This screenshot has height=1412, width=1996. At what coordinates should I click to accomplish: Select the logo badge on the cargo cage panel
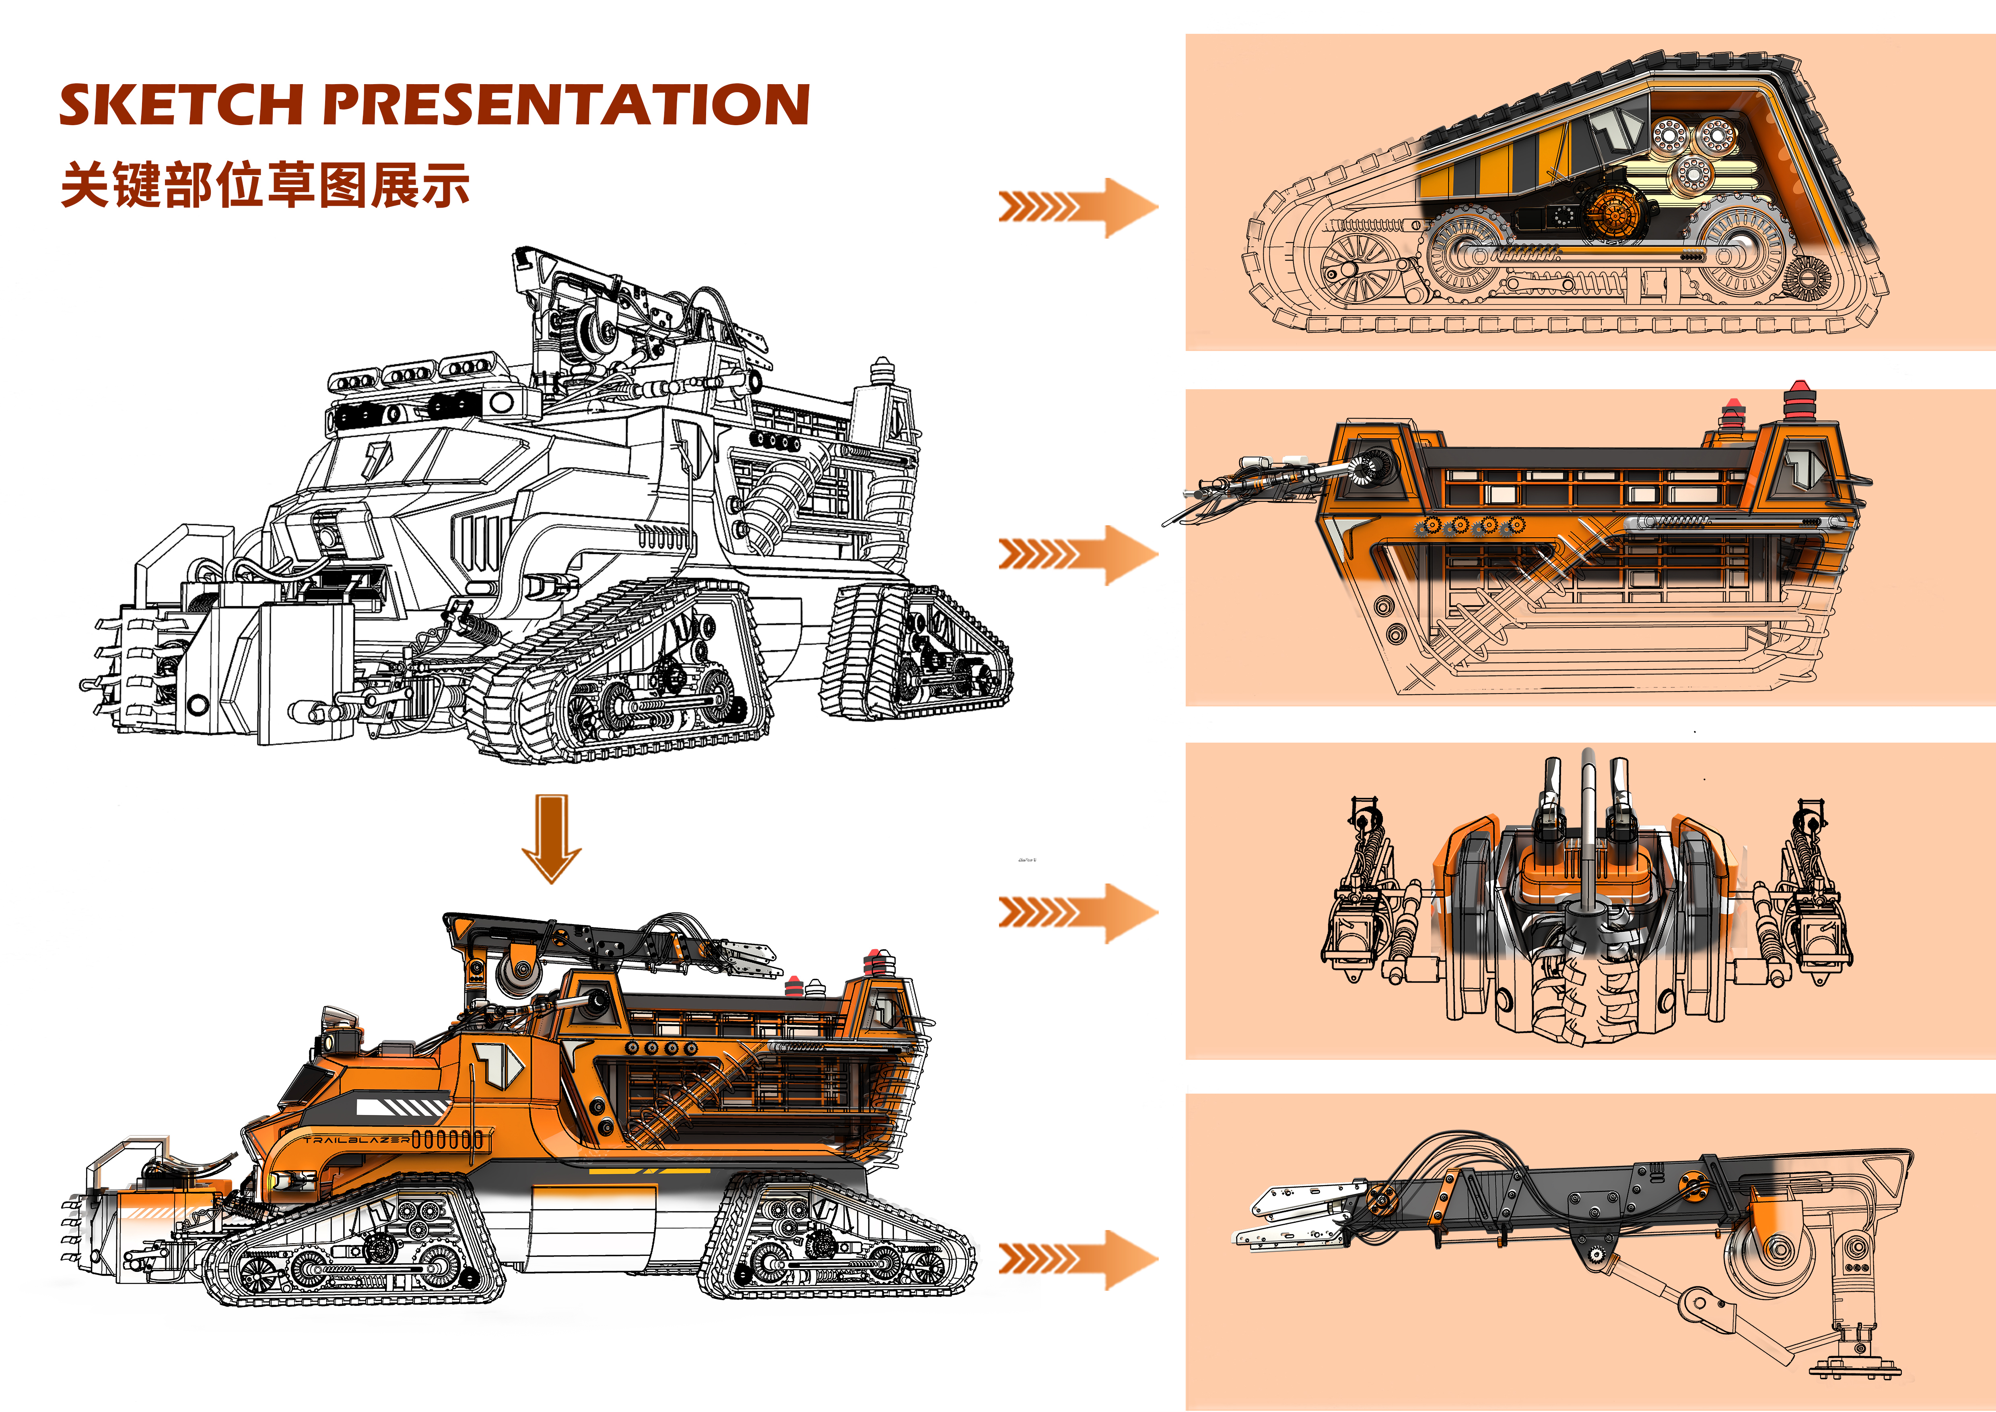1804,467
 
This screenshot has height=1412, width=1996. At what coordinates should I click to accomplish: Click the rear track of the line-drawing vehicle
913,652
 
